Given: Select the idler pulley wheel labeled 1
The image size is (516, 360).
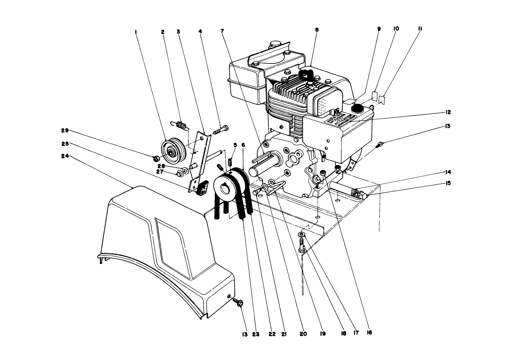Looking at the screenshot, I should coord(174,150).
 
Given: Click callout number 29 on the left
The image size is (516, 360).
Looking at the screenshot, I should coord(65,130).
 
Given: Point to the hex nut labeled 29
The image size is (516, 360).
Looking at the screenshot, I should coord(156,158).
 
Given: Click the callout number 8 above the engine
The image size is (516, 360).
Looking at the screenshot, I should coord(316,30).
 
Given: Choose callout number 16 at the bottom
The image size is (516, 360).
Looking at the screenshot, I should coord(369,333).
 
